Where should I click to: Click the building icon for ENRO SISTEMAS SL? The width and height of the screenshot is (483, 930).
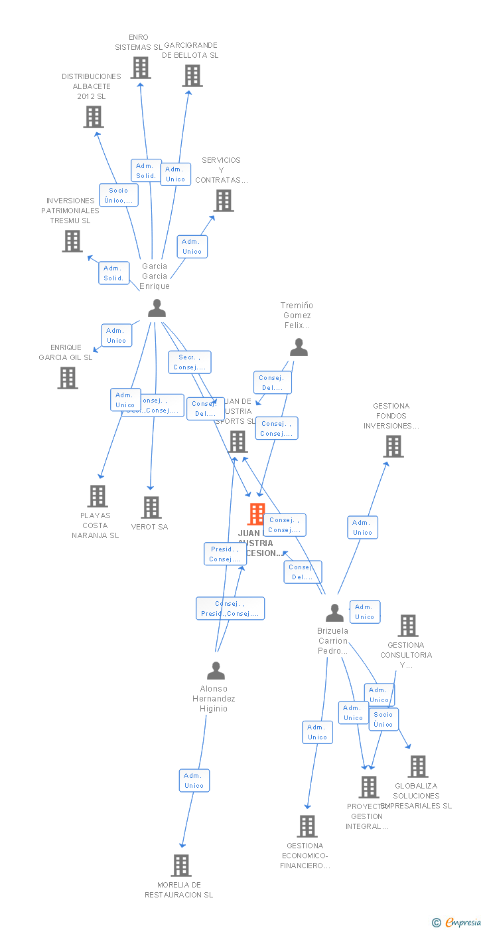[141, 68]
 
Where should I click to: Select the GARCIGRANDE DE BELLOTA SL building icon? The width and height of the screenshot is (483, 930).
[192, 76]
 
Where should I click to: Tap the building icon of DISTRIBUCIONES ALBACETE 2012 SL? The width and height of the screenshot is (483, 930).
[94, 117]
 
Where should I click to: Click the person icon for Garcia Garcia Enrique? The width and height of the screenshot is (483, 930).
[157, 308]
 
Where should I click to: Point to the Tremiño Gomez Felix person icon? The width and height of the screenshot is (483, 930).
[299, 347]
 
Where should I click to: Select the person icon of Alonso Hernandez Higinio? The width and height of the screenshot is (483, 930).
[216, 670]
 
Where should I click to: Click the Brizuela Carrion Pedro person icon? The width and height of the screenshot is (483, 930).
[335, 612]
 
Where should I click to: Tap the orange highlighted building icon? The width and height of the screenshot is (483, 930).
[257, 514]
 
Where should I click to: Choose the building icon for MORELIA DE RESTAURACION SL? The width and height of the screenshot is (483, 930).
[181, 866]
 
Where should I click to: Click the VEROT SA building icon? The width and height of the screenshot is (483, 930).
[151, 508]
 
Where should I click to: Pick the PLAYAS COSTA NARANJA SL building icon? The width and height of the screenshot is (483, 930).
[98, 496]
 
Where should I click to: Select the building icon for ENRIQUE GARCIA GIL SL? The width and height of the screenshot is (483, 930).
[68, 378]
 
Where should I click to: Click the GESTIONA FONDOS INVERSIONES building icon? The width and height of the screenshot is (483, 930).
[393, 446]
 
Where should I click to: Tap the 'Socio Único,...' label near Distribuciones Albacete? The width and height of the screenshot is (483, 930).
[119, 195]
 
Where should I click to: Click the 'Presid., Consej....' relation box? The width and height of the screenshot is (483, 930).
[225, 554]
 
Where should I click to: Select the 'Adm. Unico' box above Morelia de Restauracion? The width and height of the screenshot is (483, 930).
[194, 781]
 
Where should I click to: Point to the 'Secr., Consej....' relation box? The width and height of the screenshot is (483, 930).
[190, 362]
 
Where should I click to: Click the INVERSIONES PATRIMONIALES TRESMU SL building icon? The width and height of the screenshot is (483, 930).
[72, 241]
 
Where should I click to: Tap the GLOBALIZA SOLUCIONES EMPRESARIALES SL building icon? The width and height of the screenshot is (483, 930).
[418, 767]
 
